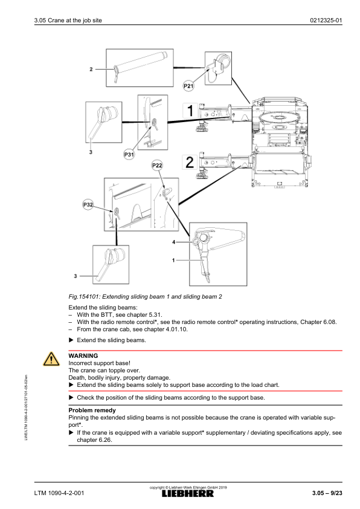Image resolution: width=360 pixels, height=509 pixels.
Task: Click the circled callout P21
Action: point(188,86)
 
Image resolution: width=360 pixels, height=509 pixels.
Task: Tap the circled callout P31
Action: point(129,155)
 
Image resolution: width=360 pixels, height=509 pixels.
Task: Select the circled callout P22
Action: point(157,165)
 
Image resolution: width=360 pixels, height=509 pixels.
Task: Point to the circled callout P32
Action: point(88,204)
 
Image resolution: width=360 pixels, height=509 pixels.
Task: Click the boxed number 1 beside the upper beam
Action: point(190,111)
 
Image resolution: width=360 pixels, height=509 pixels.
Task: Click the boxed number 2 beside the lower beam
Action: point(190,162)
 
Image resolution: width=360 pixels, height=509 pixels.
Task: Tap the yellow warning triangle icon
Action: point(51,359)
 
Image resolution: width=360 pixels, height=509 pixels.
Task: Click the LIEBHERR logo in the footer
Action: point(188,494)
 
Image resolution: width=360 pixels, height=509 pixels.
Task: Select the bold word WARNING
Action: point(83,356)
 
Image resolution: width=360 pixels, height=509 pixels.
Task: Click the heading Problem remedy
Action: point(92,410)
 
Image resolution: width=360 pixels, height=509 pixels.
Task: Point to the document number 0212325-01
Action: point(326,21)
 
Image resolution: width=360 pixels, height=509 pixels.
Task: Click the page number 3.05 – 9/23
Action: point(327,493)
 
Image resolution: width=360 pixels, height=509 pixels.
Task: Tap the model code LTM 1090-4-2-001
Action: point(59,493)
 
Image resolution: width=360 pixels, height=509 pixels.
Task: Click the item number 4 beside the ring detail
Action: point(173,242)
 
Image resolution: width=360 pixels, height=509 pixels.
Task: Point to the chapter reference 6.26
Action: point(106,440)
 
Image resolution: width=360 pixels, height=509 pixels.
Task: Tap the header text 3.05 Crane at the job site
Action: point(68,21)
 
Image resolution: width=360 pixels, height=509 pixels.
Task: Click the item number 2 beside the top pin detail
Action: point(91,69)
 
